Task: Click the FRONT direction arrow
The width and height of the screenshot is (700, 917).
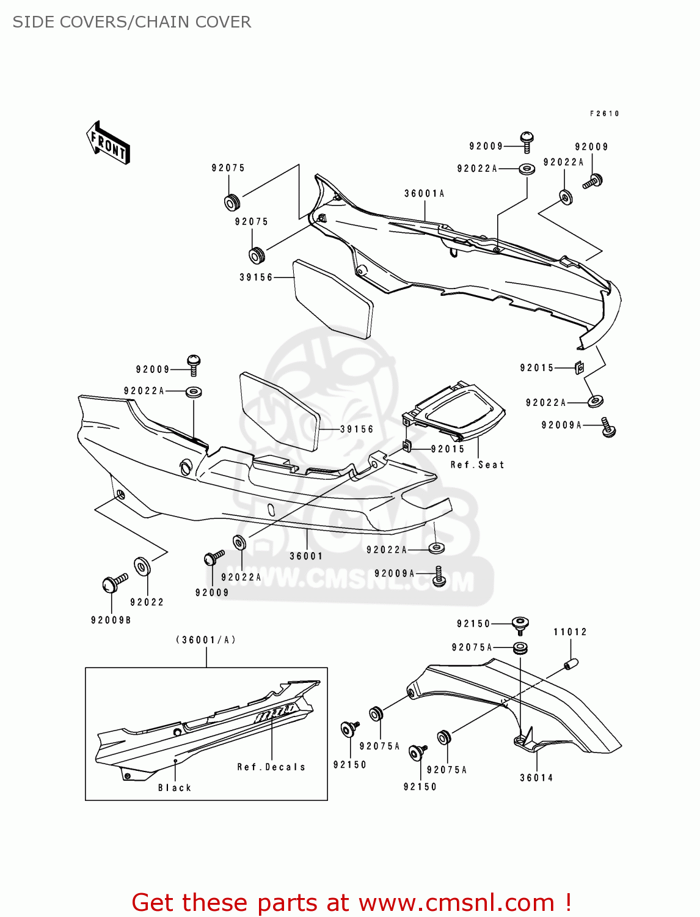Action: tap(109, 143)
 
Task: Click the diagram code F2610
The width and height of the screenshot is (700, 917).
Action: tap(604, 114)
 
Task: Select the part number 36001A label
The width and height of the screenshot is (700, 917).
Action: tap(425, 194)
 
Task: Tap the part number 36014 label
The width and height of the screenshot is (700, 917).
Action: tap(536, 778)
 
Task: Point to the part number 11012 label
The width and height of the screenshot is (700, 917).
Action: tap(570, 632)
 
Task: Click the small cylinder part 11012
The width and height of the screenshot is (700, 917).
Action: tap(571, 664)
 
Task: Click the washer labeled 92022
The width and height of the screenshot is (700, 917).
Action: tap(142, 567)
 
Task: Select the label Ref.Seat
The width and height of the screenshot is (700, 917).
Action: tap(477, 465)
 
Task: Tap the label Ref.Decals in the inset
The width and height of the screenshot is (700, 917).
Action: tap(271, 767)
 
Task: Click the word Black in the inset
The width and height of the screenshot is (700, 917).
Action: tap(175, 788)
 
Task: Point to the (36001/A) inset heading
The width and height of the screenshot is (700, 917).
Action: tap(206, 640)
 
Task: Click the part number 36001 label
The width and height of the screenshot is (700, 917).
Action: tap(306, 556)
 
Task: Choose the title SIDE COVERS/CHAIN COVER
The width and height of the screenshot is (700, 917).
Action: tap(132, 22)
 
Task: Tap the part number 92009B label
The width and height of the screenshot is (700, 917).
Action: tap(111, 620)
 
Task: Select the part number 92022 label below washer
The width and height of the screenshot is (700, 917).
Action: tap(147, 602)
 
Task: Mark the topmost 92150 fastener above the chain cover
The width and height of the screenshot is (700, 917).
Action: tap(520, 624)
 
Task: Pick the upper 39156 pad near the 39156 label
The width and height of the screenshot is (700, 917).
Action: tap(334, 298)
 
